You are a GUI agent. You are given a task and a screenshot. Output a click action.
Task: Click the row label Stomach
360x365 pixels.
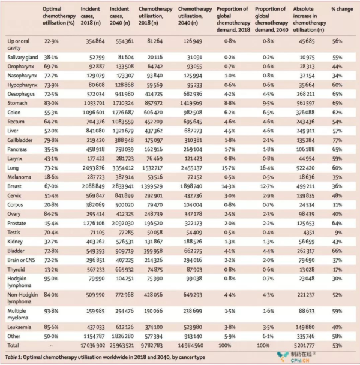(17, 103)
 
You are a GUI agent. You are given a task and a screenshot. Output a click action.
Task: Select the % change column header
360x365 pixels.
(342, 9)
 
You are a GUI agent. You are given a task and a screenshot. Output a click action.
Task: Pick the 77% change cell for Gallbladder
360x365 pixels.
(337, 140)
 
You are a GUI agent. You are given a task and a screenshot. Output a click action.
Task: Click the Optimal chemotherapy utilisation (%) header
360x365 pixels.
(59, 16)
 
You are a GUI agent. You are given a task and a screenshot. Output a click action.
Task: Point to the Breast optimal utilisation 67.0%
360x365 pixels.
(51, 186)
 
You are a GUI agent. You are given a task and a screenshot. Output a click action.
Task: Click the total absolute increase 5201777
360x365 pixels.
(306, 345)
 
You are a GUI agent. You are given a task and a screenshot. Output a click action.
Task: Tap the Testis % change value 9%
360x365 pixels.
(338, 233)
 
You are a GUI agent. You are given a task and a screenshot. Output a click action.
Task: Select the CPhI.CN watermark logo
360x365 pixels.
(296, 357)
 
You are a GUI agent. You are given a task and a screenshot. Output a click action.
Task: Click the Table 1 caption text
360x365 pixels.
(105, 357)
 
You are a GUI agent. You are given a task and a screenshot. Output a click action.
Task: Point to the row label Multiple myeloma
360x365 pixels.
(18, 314)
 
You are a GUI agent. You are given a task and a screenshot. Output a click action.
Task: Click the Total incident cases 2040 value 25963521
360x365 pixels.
(122, 345)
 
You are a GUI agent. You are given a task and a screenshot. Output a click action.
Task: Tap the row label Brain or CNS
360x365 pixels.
(21, 260)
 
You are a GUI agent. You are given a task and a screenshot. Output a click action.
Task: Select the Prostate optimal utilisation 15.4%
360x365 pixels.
(51, 223)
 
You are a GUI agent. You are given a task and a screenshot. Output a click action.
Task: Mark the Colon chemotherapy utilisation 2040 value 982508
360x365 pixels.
(193, 113)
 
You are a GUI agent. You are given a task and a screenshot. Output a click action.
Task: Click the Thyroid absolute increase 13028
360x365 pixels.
(307, 269)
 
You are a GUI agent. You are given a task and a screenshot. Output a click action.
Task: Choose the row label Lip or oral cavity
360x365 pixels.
(19, 44)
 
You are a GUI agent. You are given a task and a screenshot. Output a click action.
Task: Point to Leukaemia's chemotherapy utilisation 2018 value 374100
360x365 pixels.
(153, 327)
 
